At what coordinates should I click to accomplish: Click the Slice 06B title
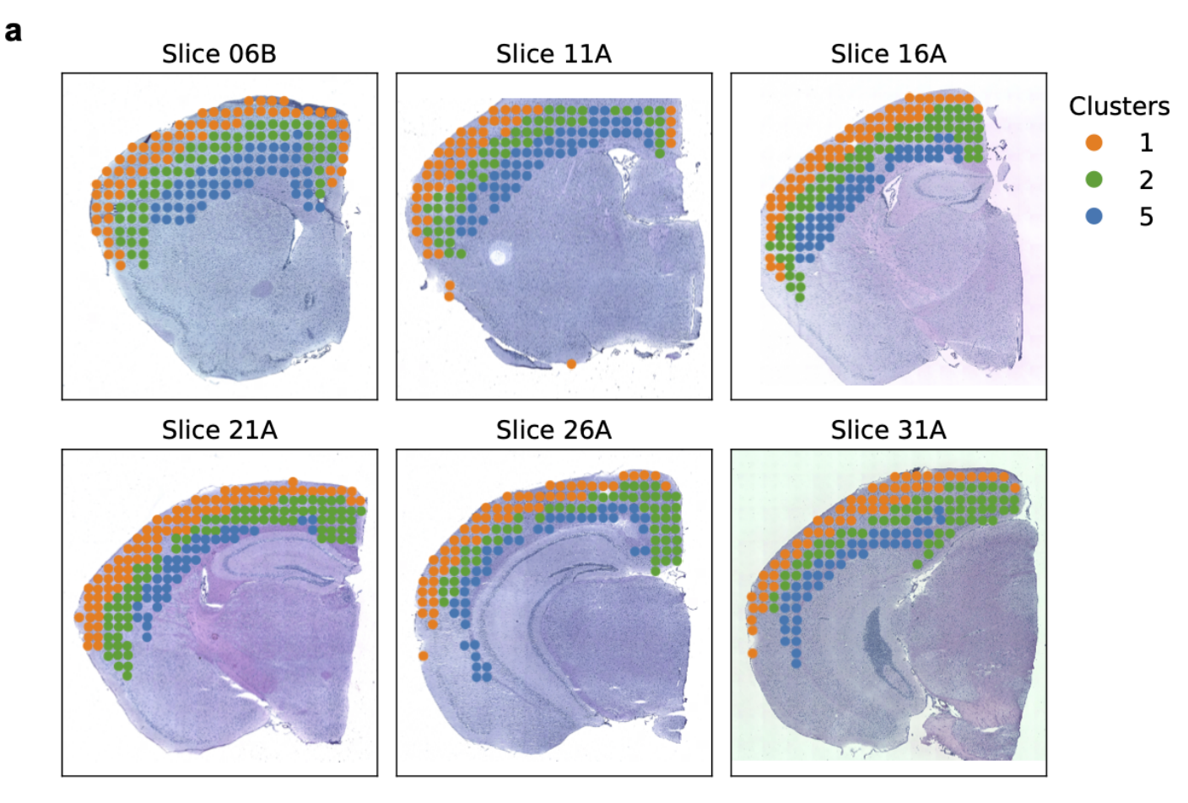[x=219, y=54]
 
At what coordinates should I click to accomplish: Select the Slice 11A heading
[x=553, y=54]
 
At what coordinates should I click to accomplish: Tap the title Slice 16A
[x=888, y=54]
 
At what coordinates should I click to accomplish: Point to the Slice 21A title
[x=219, y=430]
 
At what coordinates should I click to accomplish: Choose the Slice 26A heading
[x=553, y=430]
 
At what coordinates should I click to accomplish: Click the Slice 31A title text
[x=888, y=430]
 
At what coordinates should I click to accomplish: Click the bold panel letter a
[x=13, y=32]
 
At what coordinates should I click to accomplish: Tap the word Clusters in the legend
[x=1119, y=106]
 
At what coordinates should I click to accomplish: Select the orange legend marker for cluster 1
[x=1094, y=143]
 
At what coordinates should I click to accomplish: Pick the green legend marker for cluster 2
[x=1094, y=179]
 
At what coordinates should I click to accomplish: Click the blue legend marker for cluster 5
[x=1094, y=216]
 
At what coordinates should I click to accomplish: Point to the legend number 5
[x=1146, y=217]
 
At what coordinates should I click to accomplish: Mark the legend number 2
[x=1146, y=180]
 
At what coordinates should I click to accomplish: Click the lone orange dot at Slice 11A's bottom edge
[x=571, y=364]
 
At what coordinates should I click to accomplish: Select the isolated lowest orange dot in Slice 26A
[x=423, y=655]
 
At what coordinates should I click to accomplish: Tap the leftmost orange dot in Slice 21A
[x=79, y=617]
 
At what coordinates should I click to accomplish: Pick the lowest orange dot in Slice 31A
[x=753, y=653]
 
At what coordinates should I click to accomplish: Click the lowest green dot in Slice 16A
[x=800, y=297]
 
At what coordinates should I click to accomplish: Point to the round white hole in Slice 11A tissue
[x=499, y=253]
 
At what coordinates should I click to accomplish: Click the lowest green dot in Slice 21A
[x=127, y=675]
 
